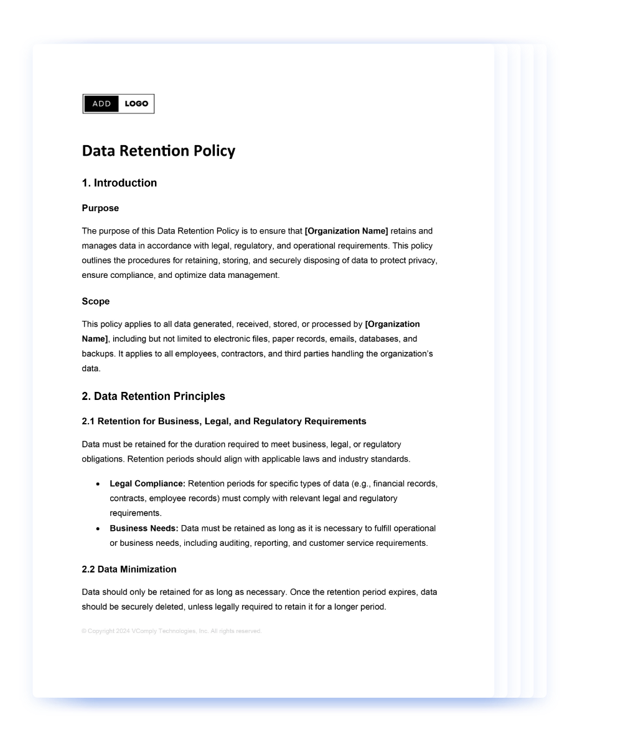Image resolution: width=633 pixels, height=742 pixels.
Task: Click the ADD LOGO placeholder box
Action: click(x=118, y=104)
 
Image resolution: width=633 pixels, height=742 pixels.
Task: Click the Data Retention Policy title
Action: click(x=159, y=151)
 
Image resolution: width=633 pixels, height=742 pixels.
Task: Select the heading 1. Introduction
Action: click(x=119, y=183)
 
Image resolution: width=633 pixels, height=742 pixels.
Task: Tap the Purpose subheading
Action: click(x=100, y=208)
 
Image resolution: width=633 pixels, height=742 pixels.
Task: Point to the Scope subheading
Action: click(x=95, y=302)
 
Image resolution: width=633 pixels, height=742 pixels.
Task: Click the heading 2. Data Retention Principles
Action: click(x=153, y=396)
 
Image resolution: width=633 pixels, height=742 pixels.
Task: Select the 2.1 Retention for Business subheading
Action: click(x=223, y=421)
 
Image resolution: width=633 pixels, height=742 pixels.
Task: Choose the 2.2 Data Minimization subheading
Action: click(x=129, y=569)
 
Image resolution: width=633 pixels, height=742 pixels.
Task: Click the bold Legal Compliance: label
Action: click(x=148, y=483)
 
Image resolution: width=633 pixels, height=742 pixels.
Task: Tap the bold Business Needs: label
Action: click(x=144, y=528)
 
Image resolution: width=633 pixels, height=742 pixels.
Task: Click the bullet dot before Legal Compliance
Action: click(x=98, y=484)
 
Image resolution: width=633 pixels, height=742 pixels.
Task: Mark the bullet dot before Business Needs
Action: click(x=98, y=529)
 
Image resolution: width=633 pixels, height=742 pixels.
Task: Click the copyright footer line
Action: click(x=171, y=631)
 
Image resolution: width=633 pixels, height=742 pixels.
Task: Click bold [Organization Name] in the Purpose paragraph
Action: click(x=346, y=231)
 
